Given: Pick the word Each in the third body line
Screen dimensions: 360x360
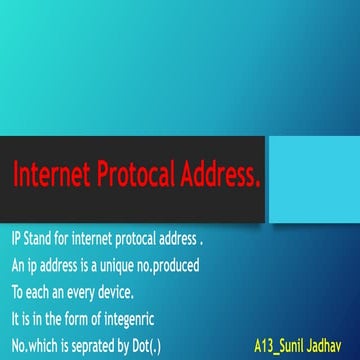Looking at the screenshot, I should pyautogui.click(x=35, y=293).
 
